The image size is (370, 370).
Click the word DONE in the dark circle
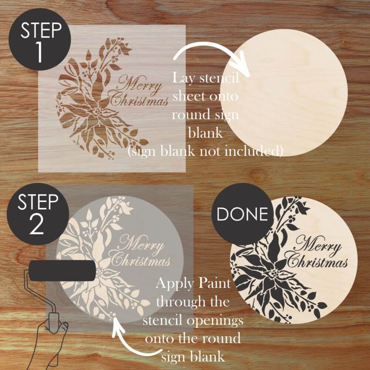pyautogui.click(x=242, y=214)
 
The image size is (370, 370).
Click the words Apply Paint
pyautogui.click(x=193, y=284)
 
